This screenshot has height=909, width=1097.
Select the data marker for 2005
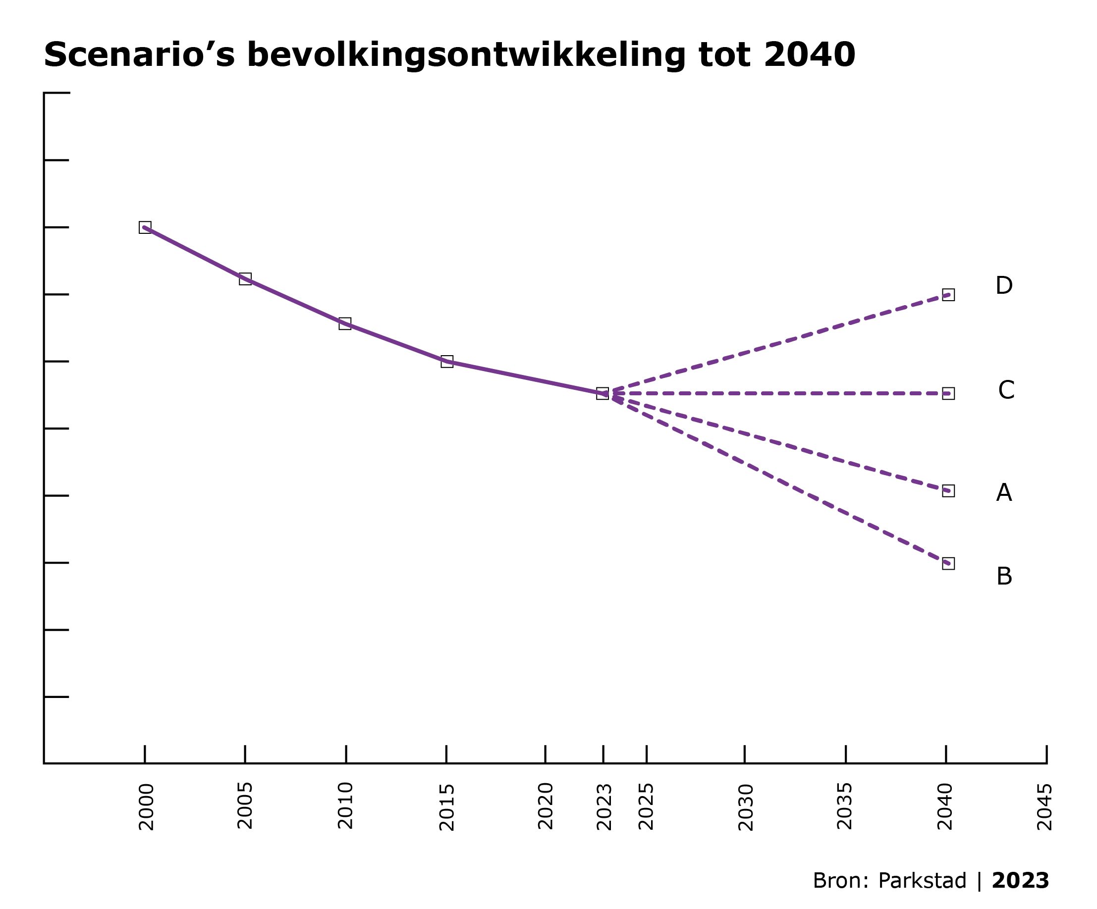pyautogui.click(x=245, y=279)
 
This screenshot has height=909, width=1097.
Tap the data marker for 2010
pyautogui.click(x=345, y=323)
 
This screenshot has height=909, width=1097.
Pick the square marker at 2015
pyautogui.click(x=446, y=362)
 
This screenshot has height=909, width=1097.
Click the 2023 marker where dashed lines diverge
pyautogui.click(x=603, y=394)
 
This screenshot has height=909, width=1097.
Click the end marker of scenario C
pyautogui.click(x=948, y=394)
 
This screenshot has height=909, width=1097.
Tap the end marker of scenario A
pyautogui.click(x=948, y=491)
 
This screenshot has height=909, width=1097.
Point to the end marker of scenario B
pyautogui.click(x=948, y=563)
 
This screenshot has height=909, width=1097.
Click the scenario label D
pyautogui.click(x=1003, y=286)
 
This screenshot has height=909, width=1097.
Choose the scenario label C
pyautogui.click(x=1006, y=390)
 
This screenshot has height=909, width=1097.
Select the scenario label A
pyautogui.click(x=1003, y=493)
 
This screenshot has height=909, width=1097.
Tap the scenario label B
pyautogui.click(x=1003, y=577)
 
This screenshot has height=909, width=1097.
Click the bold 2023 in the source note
pyautogui.click(x=1020, y=881)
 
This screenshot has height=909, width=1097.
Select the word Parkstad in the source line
pyautogui.click(x=922, y=881)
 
